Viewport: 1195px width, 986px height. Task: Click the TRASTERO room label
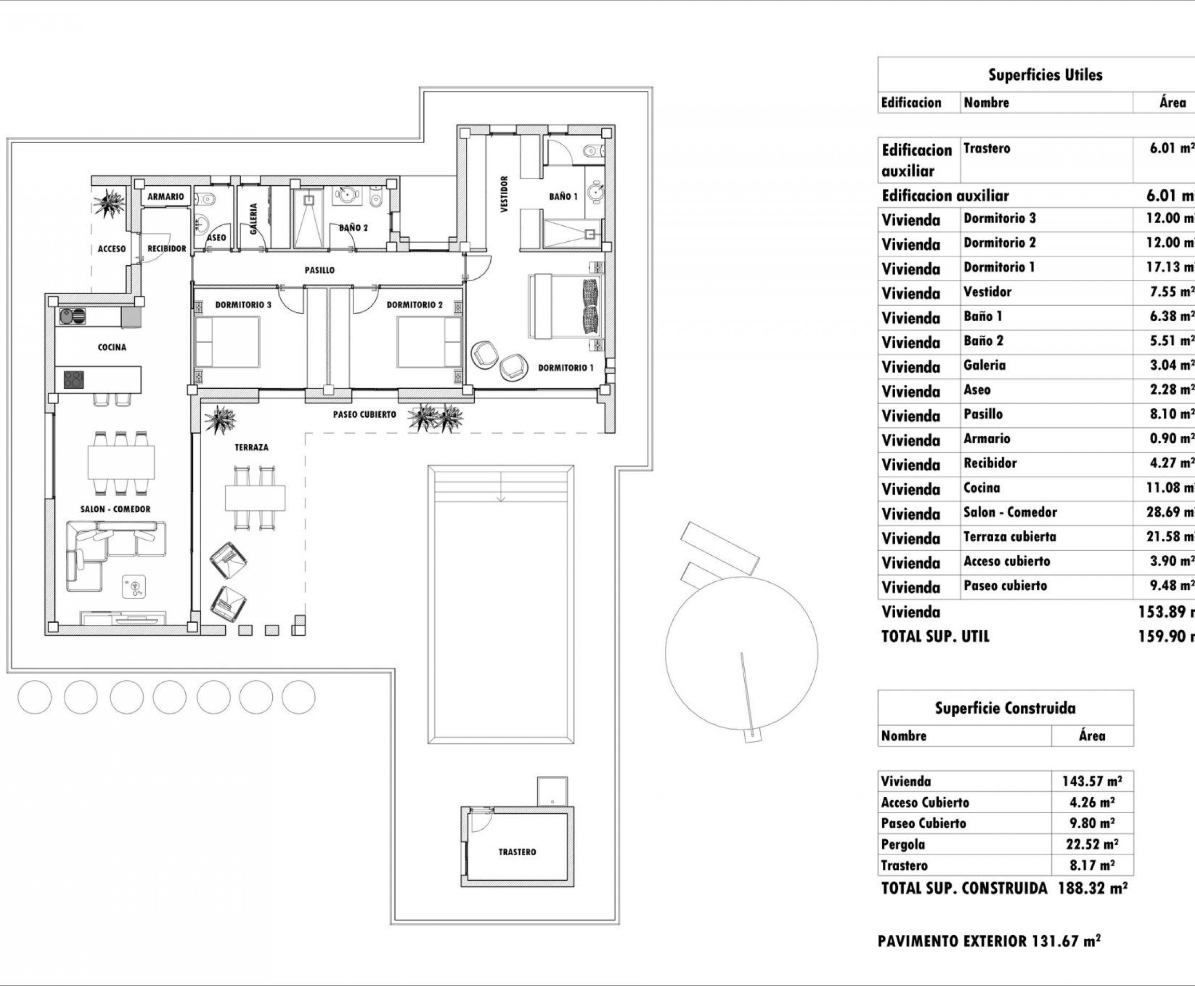(517, 852)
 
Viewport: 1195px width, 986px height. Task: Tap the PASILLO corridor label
(319, 270)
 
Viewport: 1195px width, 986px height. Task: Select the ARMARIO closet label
(166, 197)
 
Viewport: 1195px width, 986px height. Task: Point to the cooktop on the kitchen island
(73, 379)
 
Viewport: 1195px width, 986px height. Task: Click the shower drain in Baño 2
(308, 200)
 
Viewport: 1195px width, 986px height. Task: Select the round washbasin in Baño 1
(595, 191)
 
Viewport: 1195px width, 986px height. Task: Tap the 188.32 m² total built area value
(1092, 888)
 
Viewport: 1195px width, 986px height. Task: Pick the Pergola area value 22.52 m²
(1092, 844)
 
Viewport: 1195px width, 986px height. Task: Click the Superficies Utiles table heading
(1045, 75)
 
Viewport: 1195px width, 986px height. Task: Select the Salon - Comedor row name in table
(1010, 512)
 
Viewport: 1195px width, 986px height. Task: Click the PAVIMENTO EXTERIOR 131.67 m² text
(989, 941)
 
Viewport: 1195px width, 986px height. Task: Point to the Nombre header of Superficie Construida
(904, 736)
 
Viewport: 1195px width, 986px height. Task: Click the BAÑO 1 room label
(563, 197)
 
